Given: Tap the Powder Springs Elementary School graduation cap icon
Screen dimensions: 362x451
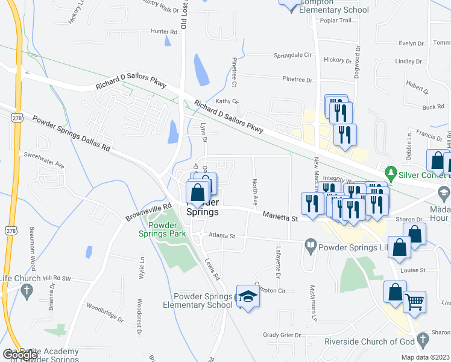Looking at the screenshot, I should coord(246,297).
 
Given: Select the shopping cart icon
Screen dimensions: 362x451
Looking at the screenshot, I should coord(414,301).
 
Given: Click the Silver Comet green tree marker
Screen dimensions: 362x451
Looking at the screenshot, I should coord(391,173).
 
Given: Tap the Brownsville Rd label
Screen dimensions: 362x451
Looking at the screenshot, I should coord(145,214).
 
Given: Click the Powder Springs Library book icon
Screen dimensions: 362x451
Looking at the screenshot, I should coord(310,246).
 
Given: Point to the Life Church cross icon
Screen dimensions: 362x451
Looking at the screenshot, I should coord(26,291).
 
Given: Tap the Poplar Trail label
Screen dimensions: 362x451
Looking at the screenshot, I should coord(336,21).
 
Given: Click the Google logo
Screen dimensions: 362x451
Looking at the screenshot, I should coord(19,355).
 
